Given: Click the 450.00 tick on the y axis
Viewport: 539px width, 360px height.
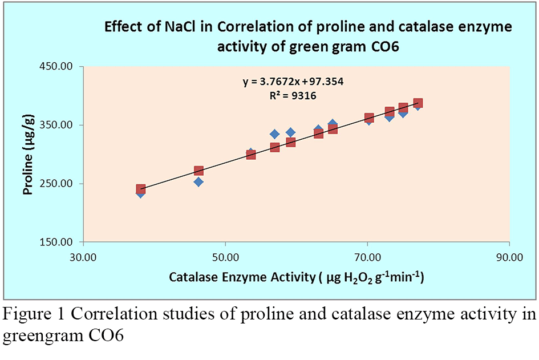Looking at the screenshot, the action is point(56,66).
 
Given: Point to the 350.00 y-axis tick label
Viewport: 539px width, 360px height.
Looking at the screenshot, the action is point(56,125).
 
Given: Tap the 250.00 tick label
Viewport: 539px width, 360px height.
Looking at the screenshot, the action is point(56,183).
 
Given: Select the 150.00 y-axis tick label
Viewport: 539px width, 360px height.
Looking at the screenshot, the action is point(56,242).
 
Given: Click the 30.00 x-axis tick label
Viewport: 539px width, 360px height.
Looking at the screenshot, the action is point(83,257).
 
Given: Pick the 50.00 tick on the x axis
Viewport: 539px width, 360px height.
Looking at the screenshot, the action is point(225,257).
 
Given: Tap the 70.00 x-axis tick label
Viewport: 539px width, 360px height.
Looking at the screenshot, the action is point(367,257).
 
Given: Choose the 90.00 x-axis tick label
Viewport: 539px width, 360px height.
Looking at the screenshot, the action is point(509,257).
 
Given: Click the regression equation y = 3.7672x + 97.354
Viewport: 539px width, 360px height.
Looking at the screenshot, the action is point(293,82).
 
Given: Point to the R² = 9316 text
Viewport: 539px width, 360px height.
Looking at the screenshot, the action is point(293,95).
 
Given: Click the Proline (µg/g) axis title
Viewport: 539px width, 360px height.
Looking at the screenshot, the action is point(28,155).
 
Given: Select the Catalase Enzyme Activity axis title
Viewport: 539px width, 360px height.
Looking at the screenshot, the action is point(297,277).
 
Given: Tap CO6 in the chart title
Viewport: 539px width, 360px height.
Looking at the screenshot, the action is point(385,46).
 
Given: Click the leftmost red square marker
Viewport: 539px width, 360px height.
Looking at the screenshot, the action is point(140,189).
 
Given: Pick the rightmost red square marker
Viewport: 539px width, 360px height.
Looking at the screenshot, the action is point(418,103).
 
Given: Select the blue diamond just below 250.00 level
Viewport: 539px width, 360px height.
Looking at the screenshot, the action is point(198,182).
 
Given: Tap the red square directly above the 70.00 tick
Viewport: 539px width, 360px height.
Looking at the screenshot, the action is point(369,118).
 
